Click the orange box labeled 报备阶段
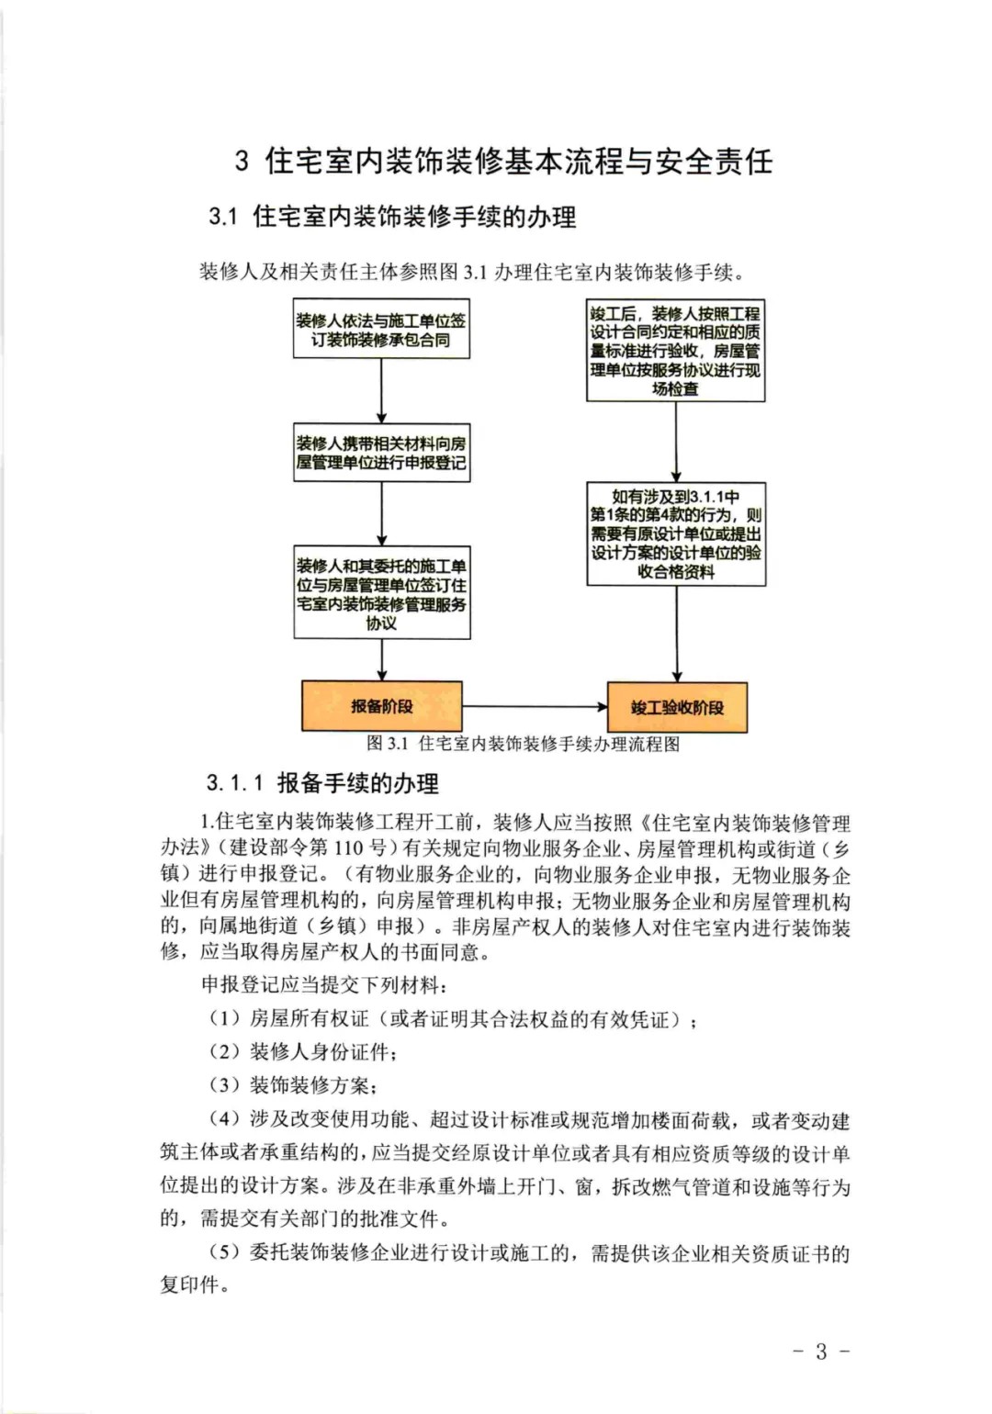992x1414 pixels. (381, 706)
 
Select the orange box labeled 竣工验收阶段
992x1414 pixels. (677, 707)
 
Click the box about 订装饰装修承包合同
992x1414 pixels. (381, 330)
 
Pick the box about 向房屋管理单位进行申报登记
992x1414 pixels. (381, 453)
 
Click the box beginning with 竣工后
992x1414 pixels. (675, 351)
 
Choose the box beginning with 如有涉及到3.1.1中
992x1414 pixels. (676, 534)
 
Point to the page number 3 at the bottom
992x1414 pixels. (821, 1351)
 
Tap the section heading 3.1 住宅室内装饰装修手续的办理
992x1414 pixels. (392, 218)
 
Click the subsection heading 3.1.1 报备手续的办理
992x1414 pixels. (322, 783)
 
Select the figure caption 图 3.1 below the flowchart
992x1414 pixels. (524, 744)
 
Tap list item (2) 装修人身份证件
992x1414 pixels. (303, 1052)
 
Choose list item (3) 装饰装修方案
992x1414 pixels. (293, 1085)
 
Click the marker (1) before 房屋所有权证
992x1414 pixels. (224, 1018)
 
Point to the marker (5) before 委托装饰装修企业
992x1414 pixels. (224, 1252)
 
